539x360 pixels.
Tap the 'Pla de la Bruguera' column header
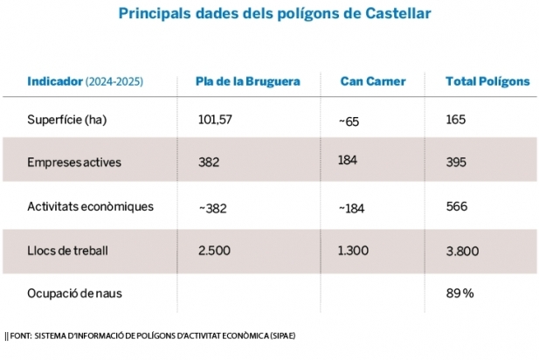click(x=247, y=81)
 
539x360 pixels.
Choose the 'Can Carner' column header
click(x=373, y=81)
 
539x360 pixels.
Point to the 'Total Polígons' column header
click(x=487, y=81)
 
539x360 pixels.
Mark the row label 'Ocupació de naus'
click(x=74, y=293)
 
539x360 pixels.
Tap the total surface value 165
click(x=456, y=119)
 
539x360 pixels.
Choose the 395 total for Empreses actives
click(x=456, y=163)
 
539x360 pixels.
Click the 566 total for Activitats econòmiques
click(x=456, y=206)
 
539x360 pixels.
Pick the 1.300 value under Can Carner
click(x=354, y=250)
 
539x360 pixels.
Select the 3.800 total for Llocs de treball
click(x=461, y=250)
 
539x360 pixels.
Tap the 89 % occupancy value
click(x=460, y=293)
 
